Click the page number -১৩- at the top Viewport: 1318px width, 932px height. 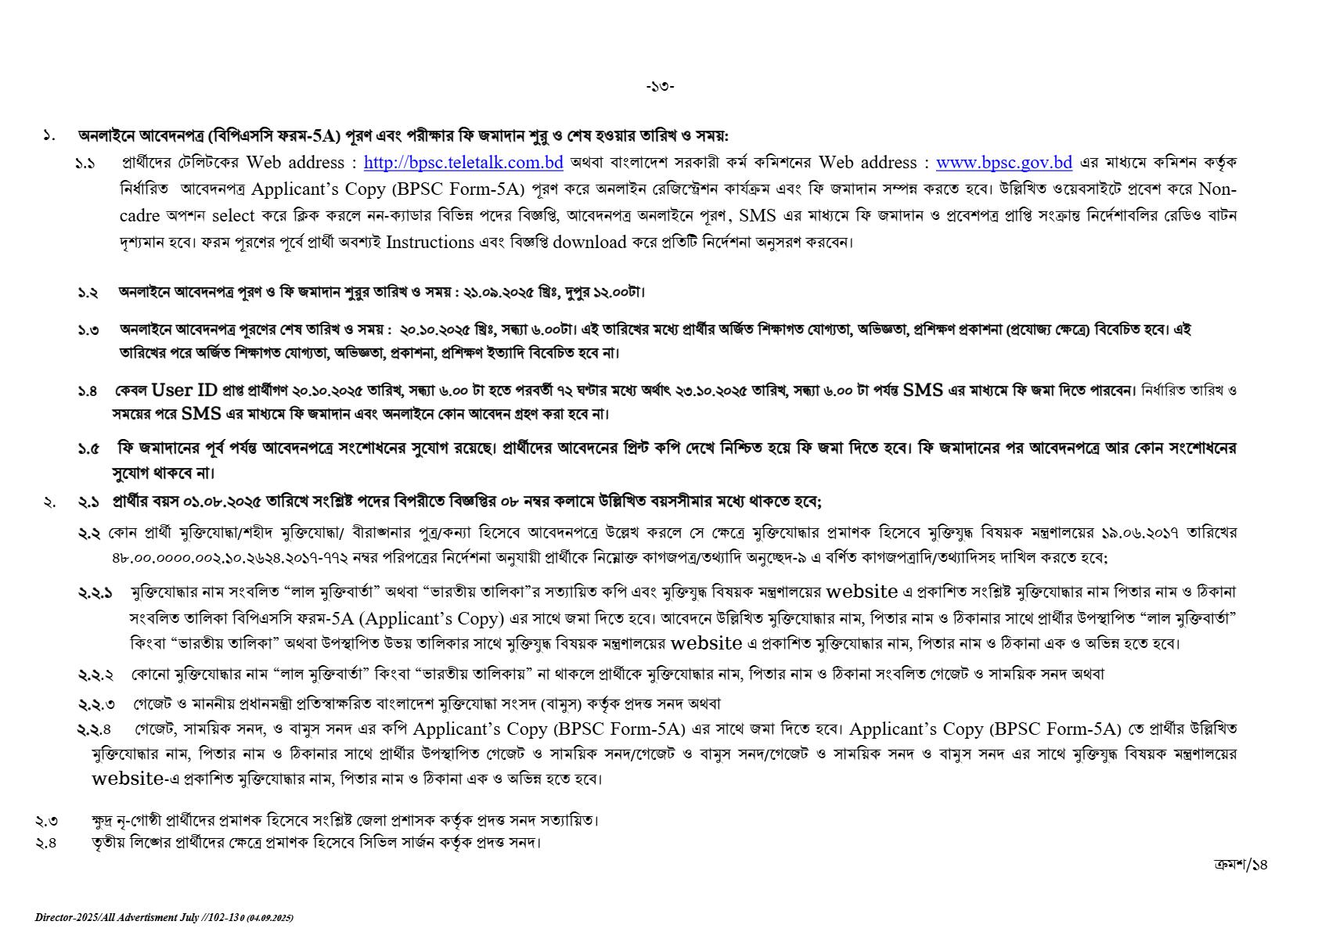coord(660,87)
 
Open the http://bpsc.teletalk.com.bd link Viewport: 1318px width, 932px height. coord(463,164)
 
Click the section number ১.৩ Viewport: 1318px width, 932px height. coord(88,330)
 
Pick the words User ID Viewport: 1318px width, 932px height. coord(185,390)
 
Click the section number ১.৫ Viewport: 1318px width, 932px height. coord(88,449)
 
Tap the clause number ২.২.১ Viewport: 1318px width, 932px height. coord(95,593)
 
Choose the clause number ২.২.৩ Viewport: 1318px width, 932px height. coord(95,704)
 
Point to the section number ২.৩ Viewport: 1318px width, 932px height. coord(46,821)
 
